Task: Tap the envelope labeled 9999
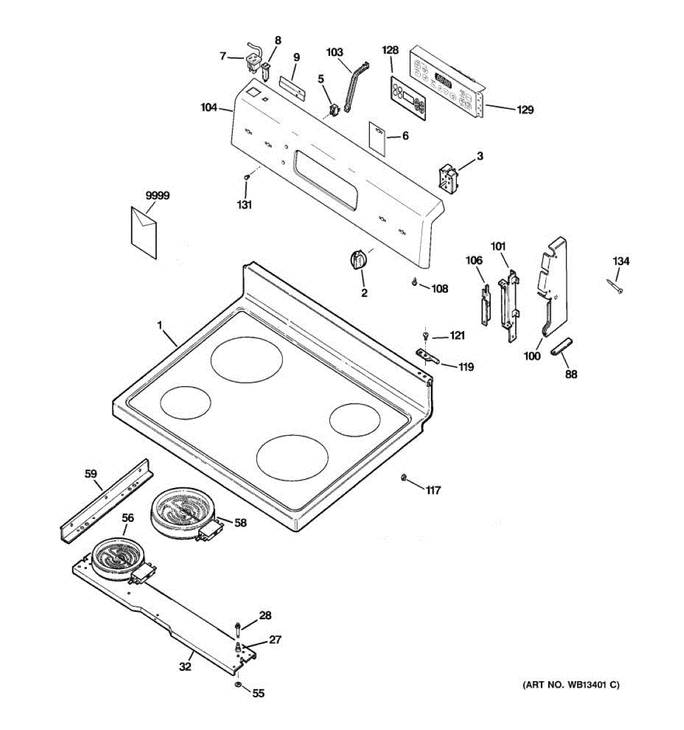point(143,231)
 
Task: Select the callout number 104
point(209,108)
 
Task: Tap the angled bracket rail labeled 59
point(107,498)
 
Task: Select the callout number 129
point(525,110)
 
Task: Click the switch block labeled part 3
point(448,178)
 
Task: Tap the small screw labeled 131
point(247,177)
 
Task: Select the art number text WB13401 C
point(571,685)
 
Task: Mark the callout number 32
point(185,667)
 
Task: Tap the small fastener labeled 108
point(415,282)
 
